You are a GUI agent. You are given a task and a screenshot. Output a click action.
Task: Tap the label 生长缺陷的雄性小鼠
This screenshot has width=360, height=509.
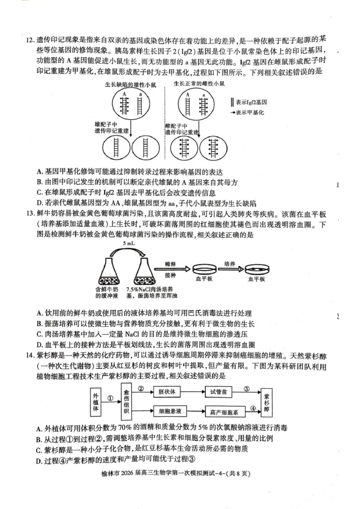130,84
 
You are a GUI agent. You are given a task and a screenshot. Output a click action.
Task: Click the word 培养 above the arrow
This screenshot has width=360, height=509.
231,263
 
